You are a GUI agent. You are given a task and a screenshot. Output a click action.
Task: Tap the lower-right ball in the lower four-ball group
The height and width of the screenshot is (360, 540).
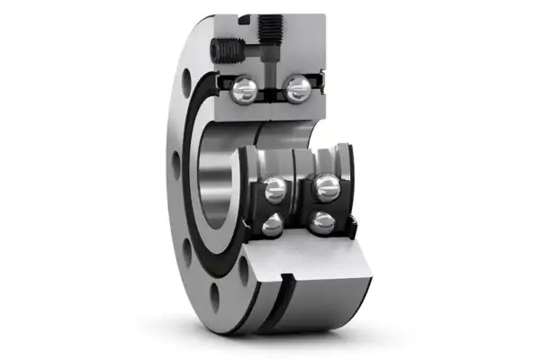tap(319, 221)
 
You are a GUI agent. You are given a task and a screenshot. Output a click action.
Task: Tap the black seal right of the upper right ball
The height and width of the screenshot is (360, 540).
tap(317, 87)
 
